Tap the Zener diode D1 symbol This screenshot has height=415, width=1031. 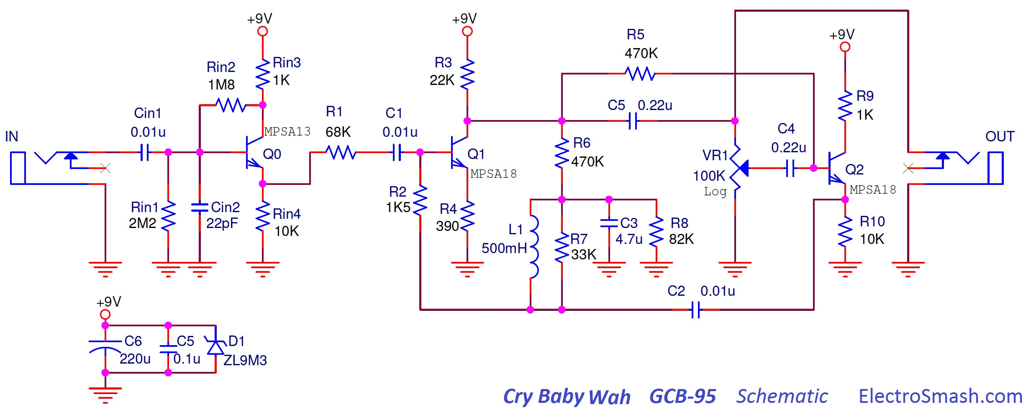point(215,347)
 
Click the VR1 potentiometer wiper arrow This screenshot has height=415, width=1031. point(743,168)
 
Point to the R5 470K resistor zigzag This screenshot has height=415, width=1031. point(640,74)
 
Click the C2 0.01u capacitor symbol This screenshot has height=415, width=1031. point(696,310)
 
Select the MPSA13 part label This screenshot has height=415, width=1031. point(287,132)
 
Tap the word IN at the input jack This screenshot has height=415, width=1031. point(12,136)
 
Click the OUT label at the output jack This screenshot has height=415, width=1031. point(1000,136)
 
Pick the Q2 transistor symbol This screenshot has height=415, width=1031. point(836,168)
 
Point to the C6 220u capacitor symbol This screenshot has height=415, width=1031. point(105,347)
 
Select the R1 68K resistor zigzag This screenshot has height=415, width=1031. point(341,152)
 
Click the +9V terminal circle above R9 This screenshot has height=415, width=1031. point(845,47)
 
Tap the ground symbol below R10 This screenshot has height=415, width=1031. point(845,269)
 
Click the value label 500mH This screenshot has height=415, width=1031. point(504,248)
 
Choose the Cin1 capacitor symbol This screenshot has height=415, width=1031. point(145,152)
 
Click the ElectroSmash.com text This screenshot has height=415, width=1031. point(941,396)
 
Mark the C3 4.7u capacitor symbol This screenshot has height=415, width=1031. point(609,223)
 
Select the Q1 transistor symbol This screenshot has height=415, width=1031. point(459,152)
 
